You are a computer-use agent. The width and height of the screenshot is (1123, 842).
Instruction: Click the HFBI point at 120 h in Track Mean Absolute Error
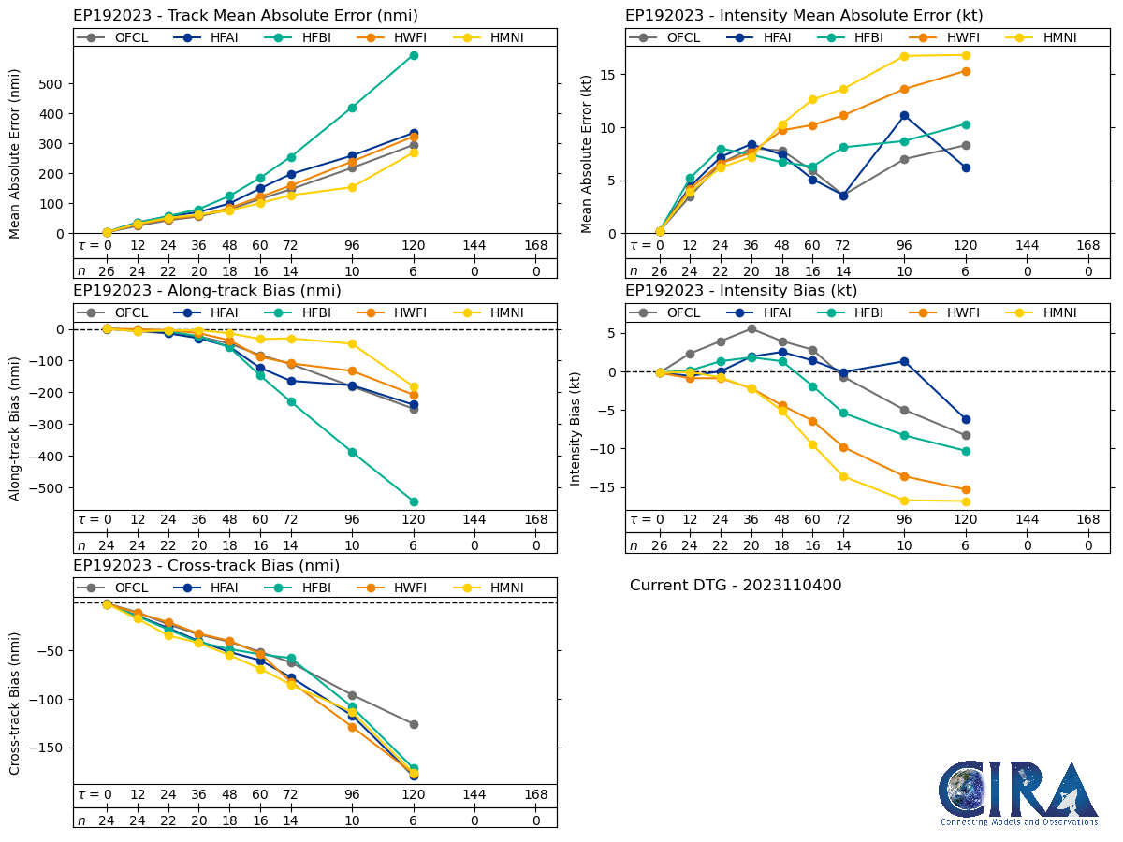tap(414, 55)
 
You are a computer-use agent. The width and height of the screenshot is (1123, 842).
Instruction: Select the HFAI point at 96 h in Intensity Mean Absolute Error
tap(904, 115)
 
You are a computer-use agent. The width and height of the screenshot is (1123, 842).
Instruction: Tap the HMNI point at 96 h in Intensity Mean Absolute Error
tap(904, 56)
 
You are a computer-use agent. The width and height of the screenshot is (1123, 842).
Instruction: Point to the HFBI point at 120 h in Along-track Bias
tap(414, 501)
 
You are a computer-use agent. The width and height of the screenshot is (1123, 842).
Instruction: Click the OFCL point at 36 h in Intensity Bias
tap(751, 328)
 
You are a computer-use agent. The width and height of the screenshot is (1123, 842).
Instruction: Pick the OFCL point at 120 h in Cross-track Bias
tap(414, 724)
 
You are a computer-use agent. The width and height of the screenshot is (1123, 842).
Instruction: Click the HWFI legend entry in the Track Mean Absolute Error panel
tap(393, 37)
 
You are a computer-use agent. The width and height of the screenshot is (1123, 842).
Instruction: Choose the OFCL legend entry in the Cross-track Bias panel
tap(122, 588)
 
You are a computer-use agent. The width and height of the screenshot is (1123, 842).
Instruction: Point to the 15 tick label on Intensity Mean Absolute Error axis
tap(606, 75)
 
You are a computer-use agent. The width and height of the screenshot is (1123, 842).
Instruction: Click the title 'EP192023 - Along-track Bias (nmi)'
tap(207, 291)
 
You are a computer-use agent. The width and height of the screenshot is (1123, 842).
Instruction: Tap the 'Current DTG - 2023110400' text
tap(736, 586)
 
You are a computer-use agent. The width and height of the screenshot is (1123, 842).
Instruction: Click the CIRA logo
tap(1018, 792)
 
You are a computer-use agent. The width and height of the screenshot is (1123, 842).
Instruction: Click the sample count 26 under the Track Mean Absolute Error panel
tap(107, 270)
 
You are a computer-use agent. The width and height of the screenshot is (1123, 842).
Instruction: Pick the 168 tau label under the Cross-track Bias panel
tap(536, 794)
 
